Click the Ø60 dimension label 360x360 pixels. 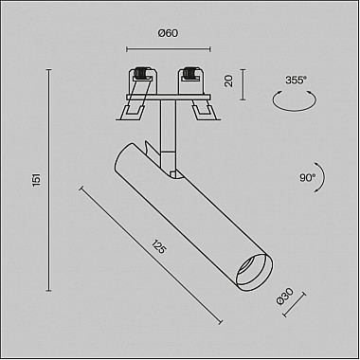168,33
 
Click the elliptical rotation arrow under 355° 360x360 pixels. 296,106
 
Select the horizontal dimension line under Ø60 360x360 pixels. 168,48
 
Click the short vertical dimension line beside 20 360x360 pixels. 243,82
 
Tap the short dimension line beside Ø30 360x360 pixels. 296,306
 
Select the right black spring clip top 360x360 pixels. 195,72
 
